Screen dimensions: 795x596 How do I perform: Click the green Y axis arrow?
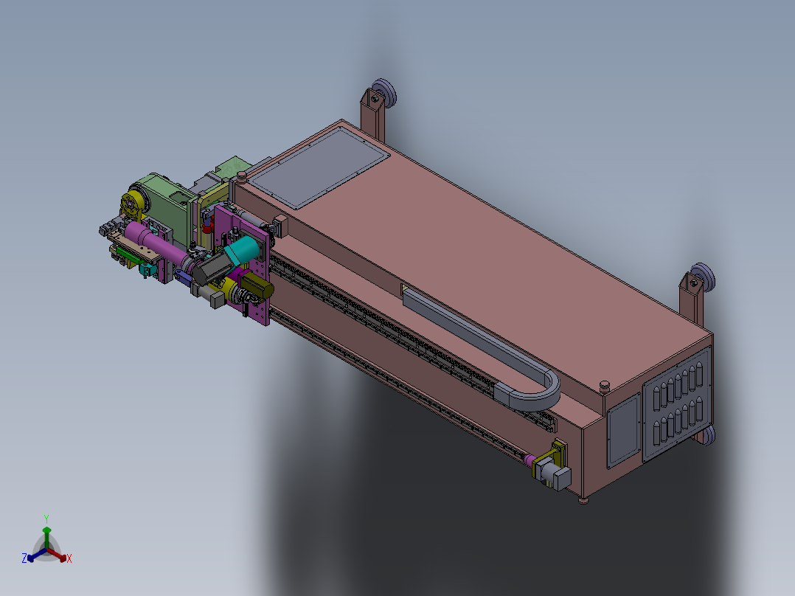46,537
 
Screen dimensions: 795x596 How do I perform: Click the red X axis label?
69,558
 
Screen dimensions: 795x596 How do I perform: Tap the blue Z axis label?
24,558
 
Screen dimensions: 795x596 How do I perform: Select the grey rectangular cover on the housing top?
319,167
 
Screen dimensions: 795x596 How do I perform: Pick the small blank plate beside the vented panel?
623,430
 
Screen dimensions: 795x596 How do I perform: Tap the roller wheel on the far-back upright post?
384,94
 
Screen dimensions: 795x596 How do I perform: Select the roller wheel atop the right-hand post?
702,277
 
